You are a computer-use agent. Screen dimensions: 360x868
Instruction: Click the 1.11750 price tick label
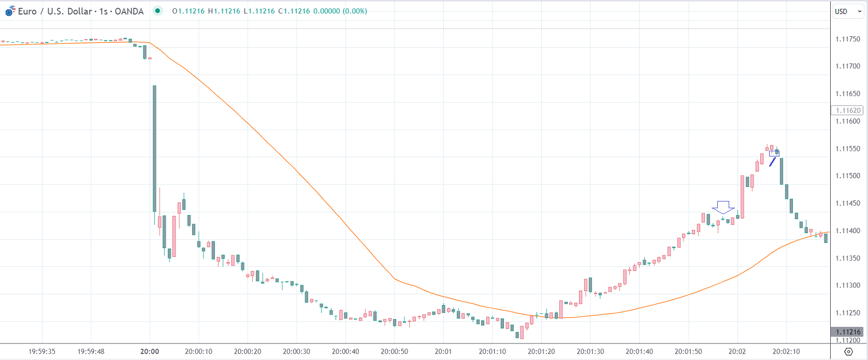pyautogui.click(x=848, y=39)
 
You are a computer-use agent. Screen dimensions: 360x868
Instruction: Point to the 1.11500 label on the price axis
pyautogui.click(x=848, y=176)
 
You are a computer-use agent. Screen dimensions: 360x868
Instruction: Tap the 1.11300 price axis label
pyautogui.click(x=848, y=285)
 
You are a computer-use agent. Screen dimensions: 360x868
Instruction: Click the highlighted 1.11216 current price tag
pyautogui.click(x=848, y=332)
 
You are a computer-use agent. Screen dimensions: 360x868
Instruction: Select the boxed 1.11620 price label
pyautogui.click(x=848, y=110)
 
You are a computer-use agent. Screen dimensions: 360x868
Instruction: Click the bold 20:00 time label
pyautogui.click(x=149, y=352)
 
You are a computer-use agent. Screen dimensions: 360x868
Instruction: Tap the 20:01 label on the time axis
pyautogui.click(x=443, y=352)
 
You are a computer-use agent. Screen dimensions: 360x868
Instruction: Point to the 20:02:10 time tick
pyautogui.click(x=786, y=352)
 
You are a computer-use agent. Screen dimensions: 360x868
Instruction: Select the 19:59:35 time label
pyautogui.click(x=42, y=352)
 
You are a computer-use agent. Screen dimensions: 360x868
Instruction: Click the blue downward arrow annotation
pyautogui.click(x=723, y=207)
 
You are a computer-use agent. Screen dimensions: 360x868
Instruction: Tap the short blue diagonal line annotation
pyautogui.click(x=773, y=161)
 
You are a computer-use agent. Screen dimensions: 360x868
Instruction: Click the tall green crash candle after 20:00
pyautogui.click(x=154, y=148)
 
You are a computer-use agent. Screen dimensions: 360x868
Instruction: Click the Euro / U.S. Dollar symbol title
pyautogui.click(x=80, y=11)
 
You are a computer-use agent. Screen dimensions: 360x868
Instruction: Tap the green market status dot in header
pyautogui.click(x=157, y=11)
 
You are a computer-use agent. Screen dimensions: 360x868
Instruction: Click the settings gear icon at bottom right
pyautogui.click(x=848, y=352)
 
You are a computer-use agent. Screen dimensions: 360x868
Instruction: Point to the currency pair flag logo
pyautogui.click(x=10, y=11)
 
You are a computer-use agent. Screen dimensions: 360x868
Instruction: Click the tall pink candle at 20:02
pyautogui.click(x=742, y=197)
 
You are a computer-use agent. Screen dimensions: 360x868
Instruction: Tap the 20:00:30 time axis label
pyautogui.click(x=296, y=352)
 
